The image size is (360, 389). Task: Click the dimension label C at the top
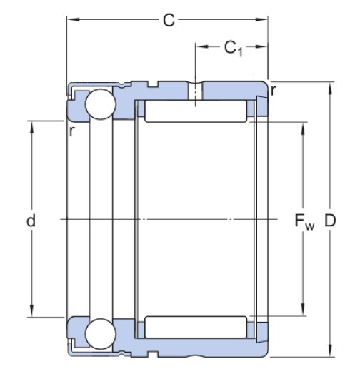click(168, 21)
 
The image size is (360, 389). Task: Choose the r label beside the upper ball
click(72, 131)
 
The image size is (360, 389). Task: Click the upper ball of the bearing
click(99, 105)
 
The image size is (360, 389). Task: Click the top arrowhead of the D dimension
click(330, 88)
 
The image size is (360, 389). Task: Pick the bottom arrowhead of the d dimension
click(31, 312)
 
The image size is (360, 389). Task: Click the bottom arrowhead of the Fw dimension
click(304, 310)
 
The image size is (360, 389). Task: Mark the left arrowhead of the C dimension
click(71, 21)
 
